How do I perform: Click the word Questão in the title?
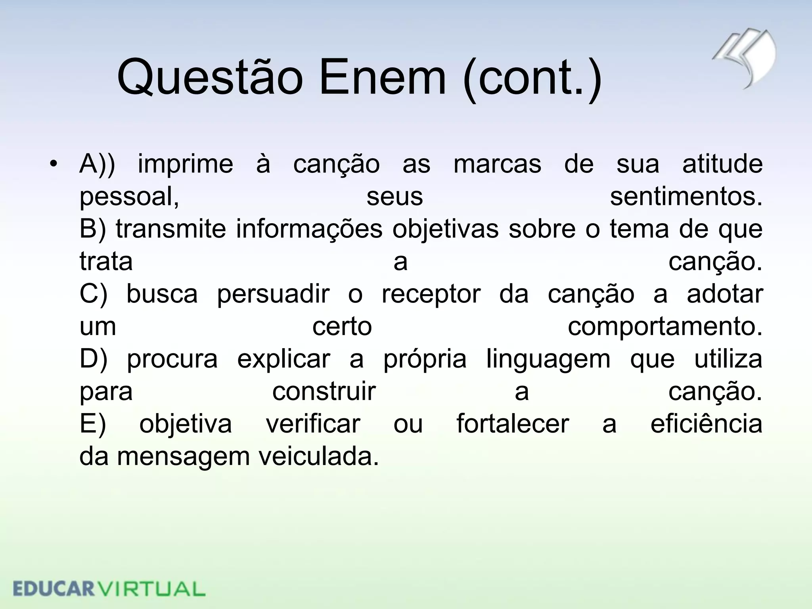(x=210, y=77)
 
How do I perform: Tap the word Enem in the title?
(x=383, y=77)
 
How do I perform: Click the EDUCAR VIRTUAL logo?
(x=109, y=588)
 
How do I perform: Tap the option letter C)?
(x=93, y=294)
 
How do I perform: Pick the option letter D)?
(x=93, y=359)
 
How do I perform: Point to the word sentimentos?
(x=686, y=197)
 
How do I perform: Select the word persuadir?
(x=273, y=294)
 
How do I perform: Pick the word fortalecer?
(x=513, y=424)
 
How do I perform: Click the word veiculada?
(x=319, y=457)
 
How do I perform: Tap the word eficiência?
(x=706, y=424)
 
